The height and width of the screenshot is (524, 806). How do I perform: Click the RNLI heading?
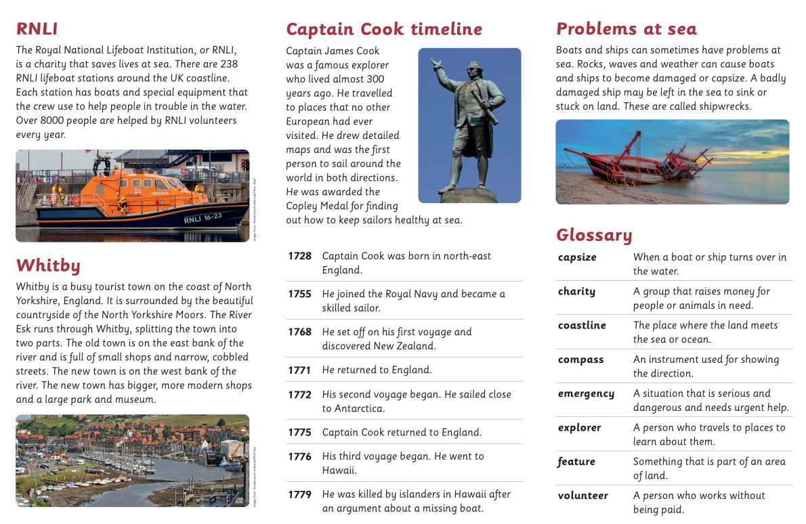point(37,29)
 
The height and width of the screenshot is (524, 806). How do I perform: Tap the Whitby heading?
point(48,265)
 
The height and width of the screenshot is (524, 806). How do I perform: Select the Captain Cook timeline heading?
point(384,29)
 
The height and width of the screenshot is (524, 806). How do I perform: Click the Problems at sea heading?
point(626,29)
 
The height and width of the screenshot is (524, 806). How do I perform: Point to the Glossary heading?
point(594,235)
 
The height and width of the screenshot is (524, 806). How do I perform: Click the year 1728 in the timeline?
point(299,256)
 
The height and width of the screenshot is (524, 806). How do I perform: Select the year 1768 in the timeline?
point(299,332)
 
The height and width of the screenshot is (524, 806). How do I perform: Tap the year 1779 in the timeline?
point(299,494)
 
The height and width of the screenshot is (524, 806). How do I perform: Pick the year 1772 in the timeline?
point(299,394)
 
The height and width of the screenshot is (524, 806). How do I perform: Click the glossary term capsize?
point(577,257)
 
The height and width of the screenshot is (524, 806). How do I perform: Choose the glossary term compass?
point(580,359)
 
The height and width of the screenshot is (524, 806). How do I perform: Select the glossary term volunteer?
point(583,496)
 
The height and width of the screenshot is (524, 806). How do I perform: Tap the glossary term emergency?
point(586,393)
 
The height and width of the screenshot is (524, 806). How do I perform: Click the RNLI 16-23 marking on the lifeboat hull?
point(202,218)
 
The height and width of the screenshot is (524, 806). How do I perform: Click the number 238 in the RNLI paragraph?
point(229,64)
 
